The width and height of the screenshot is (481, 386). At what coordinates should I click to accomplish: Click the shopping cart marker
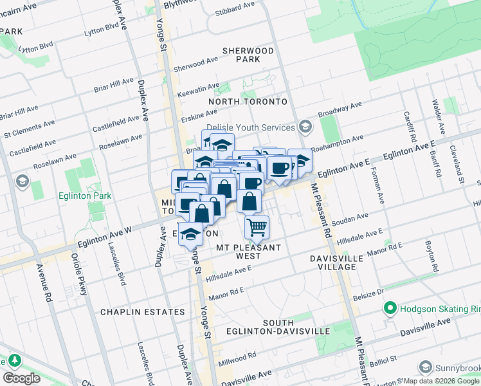point(257,227)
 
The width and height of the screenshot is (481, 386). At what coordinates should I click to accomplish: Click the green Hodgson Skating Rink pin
point(390,309)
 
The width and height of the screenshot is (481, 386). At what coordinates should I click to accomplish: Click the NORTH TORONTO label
point(248,102)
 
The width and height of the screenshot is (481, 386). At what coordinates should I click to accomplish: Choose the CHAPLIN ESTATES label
point(143,312)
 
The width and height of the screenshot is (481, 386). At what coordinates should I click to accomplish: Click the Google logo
point(22,378)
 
